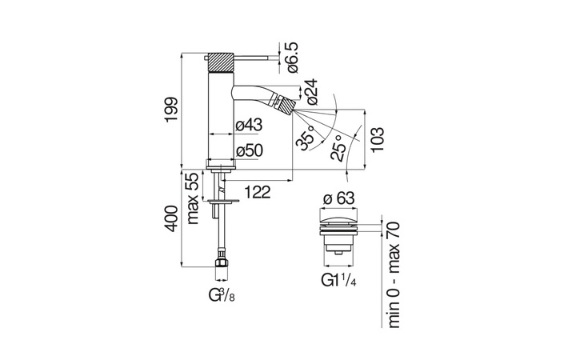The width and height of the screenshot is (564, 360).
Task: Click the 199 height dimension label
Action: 171,110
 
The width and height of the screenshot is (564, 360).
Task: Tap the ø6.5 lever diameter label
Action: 292,57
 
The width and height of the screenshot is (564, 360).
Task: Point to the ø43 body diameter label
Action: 249,126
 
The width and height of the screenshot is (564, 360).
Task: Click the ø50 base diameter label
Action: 250,151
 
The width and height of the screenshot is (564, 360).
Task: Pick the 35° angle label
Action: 306,138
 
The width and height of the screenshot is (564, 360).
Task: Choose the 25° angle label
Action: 338,148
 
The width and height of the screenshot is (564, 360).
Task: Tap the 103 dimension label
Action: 378,140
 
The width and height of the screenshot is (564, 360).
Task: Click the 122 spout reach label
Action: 257,192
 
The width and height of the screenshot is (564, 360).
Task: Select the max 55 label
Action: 193,198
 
